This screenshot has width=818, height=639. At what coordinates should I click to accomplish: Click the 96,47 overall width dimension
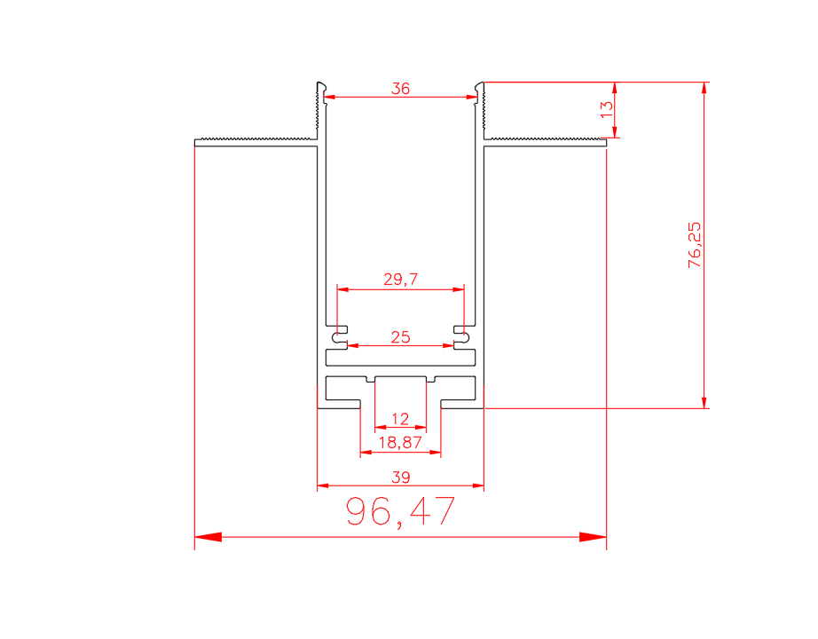click(400, 511)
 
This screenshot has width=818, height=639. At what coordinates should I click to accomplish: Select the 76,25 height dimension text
click(695, 245)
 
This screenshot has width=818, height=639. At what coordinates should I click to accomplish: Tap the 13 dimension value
click(607, 109)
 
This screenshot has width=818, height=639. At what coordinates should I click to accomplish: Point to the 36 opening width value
click(401, 88)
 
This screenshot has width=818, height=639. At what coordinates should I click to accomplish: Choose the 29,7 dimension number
click(401, 280)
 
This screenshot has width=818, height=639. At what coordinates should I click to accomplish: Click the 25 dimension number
click(401, 336)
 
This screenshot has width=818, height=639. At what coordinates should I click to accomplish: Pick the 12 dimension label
click(400, 419)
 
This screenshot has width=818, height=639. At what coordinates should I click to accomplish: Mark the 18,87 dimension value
click(400, 443)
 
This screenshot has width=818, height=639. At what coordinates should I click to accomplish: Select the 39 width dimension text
click(401, 477)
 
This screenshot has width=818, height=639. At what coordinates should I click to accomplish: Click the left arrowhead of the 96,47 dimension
click(208, 537)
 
